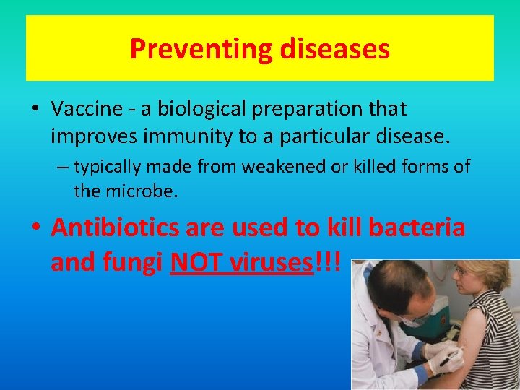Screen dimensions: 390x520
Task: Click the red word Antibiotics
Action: coord(116,227)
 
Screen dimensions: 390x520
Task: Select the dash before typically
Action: coord(64,168)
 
